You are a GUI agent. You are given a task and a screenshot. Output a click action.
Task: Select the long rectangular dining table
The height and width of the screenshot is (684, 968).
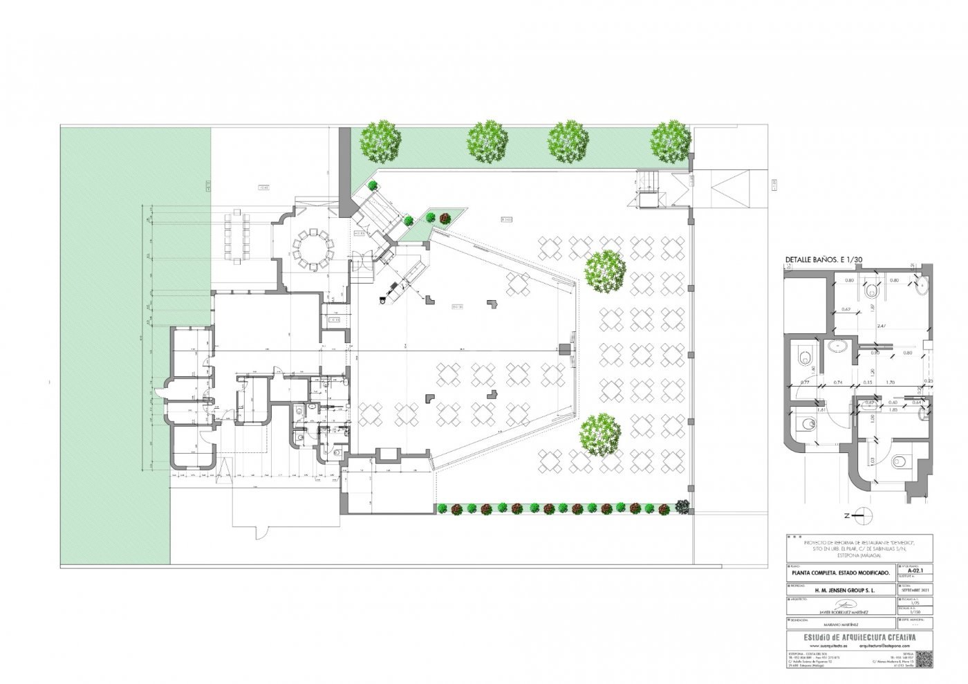pyautogui.click(x=234, y=237)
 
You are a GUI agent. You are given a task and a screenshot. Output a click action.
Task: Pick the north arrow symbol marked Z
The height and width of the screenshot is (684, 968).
pyautogui.click(x=859, y=515)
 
